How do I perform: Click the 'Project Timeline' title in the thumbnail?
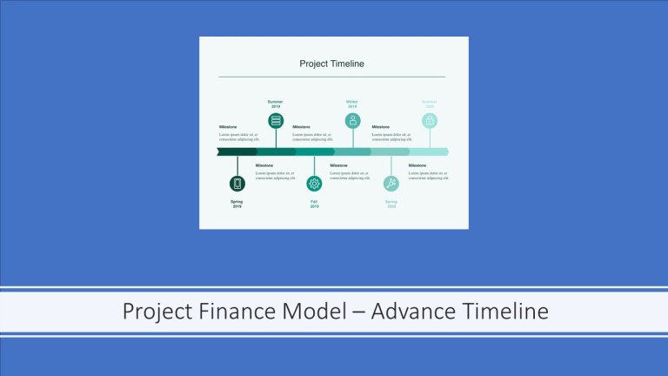331,64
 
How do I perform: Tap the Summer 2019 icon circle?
276,121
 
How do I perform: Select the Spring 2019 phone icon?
237,184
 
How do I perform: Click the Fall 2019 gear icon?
314,184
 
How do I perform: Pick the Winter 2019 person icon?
352,121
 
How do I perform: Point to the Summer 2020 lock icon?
430,121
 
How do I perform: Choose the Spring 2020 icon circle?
391,184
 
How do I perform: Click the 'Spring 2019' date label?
237,204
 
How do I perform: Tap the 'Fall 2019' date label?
314,204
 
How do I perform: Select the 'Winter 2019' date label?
352,104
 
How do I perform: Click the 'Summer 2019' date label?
276,104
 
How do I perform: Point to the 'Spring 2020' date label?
391,204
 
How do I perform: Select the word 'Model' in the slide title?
308,312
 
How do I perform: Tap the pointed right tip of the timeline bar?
446,151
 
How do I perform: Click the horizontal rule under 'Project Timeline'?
331,77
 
